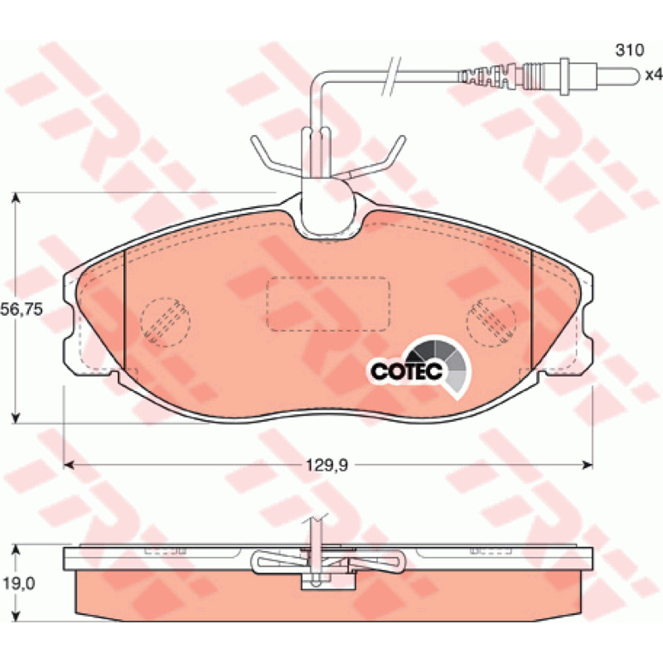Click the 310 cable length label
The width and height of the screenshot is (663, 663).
click(x=630, y=51)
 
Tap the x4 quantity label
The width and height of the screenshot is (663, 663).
click(x=653, y=75)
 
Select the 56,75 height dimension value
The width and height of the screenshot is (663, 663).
click(x=22, y=309)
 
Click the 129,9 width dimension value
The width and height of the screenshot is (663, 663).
click(x=327, y=466)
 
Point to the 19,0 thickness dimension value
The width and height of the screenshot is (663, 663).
click(x=18, y=583)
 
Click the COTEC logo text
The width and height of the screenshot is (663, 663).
click(x=406, y=370)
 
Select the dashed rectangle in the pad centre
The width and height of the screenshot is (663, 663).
click(x=327, y=303)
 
